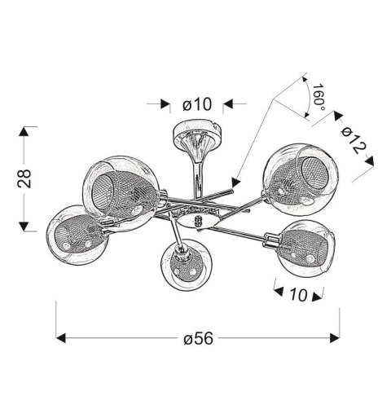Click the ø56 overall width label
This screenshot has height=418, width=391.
pos(198,338)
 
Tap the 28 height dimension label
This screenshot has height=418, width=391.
pos(24,178)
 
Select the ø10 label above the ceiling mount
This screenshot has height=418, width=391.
pos(197,104)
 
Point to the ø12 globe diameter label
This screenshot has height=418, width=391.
pos(354,140)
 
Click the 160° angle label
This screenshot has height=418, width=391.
pos(319,98)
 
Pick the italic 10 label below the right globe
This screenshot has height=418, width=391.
pos(299,294)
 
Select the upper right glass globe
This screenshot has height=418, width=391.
pos(301,179)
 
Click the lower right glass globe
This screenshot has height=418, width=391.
pos(306,249)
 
